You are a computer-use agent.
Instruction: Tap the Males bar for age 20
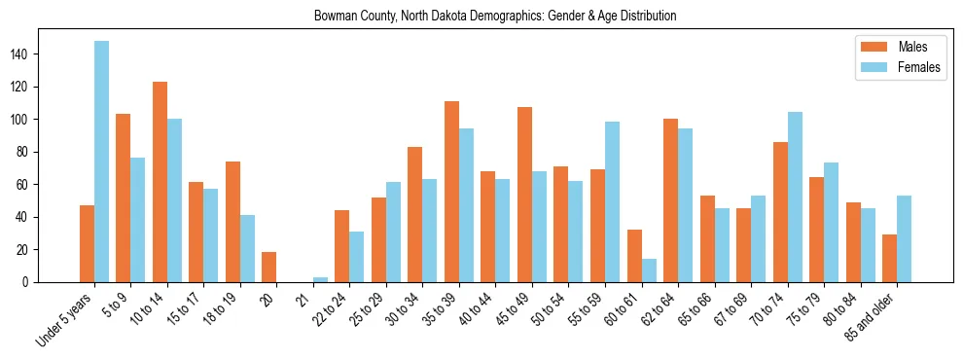[x=269, y=268]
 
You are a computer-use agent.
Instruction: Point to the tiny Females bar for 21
[x=320, y=279]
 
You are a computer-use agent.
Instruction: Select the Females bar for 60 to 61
[x=649, y=270]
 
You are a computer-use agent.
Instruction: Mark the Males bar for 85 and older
[x=889, y=258]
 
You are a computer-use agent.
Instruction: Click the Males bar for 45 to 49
[x=524, y=195]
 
